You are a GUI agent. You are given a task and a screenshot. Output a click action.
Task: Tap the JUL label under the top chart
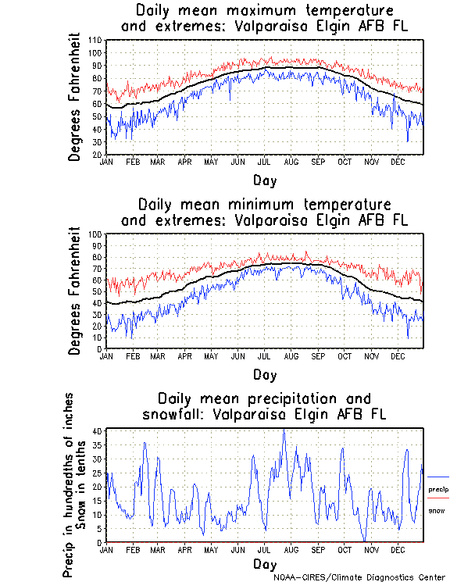(264, 162)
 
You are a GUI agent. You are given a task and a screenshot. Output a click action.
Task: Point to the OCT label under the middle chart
(345, 356)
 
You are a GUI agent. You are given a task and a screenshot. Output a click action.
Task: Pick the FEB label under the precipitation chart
(132, 550)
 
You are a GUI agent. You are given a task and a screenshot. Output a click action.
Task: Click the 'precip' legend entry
(438, 489)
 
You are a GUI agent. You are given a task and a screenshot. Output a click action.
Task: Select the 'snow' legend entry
(436, 511)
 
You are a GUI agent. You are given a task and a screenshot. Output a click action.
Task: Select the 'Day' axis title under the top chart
(264, 179)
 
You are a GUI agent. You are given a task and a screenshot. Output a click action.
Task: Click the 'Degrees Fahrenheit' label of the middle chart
(75, 291)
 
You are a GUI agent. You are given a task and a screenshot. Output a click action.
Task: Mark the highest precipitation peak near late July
(284, 430)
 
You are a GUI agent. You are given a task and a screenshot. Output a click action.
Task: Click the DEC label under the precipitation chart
(398, 550)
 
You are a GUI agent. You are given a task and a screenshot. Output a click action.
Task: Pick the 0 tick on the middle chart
(100, 349)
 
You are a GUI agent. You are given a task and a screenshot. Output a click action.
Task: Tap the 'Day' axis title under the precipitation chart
(264, 564)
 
